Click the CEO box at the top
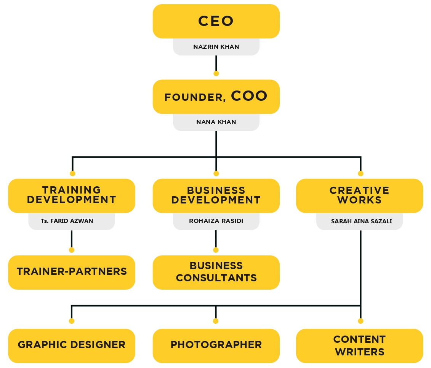coord(216,21)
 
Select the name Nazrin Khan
coord(216,47)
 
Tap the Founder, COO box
coord(216,97)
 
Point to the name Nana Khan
coord(216,122)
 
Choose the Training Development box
coord(72,195)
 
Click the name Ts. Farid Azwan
coord(72,221)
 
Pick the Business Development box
coord(216,195)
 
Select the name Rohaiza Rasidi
coord(216,221)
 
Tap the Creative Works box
coord(359,195)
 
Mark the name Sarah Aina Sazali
coord(359,221)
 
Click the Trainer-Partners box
coord(72,272)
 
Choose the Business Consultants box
coord(216,272)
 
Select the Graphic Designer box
coord(72,345)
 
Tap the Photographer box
coord(216,345)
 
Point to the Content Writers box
coord(359,345)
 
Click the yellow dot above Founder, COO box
coord(216,73)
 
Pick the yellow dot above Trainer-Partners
coord(71,250)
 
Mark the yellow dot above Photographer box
coord(216,321)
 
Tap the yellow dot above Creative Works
coord(361,173)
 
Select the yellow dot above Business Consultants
coord(216,250)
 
